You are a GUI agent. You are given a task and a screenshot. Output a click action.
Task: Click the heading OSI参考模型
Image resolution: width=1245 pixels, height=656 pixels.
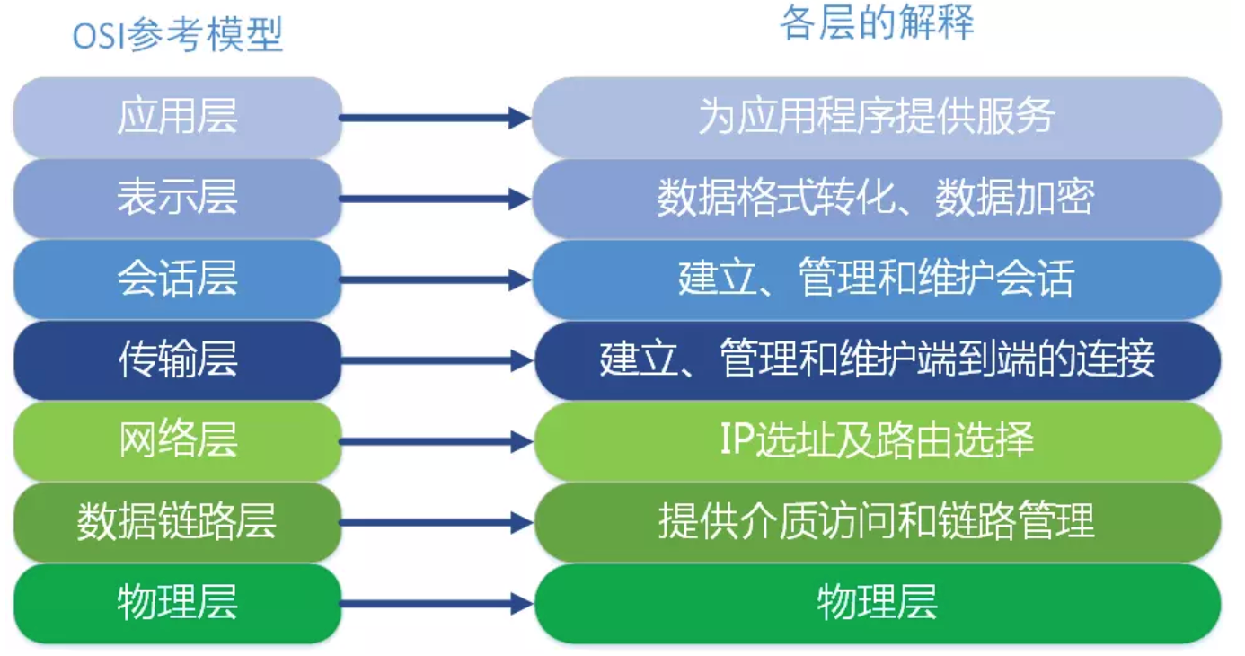click(178, 36)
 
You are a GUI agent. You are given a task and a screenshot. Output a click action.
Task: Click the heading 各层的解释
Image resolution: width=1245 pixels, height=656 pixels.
click(877, 23)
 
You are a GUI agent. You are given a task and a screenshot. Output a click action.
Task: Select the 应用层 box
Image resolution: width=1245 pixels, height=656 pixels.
click(177, 117)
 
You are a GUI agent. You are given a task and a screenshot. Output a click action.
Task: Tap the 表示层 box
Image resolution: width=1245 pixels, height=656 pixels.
click(177, 198)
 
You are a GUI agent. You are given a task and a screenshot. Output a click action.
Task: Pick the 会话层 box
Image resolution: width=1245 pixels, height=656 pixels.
click(177, 279)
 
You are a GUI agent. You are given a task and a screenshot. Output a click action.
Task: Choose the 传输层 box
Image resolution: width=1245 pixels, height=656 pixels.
click(177, 360)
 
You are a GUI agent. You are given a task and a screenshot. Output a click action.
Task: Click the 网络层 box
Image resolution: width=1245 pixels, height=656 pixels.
click(177, 441)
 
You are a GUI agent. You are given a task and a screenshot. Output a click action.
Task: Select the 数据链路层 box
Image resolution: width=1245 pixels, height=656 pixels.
click(177, 522)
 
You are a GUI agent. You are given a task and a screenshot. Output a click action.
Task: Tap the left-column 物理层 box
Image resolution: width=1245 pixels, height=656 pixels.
click(177, 603)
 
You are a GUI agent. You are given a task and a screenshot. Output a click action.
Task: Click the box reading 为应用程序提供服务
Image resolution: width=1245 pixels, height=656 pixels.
click(877, 117)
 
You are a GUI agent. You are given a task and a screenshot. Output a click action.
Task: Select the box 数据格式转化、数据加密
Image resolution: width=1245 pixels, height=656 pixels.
click(877, 198)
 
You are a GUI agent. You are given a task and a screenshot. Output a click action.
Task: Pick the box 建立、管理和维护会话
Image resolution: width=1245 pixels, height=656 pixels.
click(877, 279)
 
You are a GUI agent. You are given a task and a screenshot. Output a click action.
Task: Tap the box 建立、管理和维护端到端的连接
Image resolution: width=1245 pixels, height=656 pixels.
click(877, 360)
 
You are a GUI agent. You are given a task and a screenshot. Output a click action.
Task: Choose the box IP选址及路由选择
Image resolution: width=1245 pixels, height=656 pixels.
click(877, 441)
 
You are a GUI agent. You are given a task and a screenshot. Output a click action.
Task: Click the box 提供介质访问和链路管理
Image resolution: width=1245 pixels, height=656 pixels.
click(877, 522)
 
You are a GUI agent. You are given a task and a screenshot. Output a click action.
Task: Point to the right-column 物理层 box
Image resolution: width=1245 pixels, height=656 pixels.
click(877, 603)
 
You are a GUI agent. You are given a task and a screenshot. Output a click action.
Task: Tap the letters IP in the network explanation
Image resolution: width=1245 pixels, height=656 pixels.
click(735, 440)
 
